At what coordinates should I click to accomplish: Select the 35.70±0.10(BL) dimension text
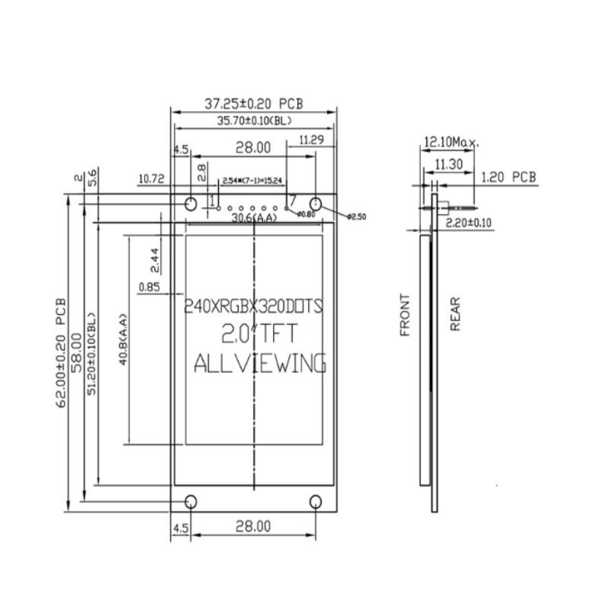coord(254,120)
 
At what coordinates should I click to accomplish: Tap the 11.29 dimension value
coord(313,140)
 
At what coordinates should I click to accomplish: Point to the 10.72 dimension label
coord(152,179)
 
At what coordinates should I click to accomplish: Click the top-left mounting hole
coord(191,204)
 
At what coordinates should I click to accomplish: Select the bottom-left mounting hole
coord(191,501)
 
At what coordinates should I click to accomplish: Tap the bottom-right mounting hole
coord(316,501)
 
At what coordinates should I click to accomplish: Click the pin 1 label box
coord(213,200)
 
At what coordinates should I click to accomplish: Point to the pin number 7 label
coord(292,200)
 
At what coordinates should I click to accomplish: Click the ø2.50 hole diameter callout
coord(356,217)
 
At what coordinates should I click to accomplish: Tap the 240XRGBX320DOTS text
coord(254,307)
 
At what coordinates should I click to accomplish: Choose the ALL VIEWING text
coord(259,363)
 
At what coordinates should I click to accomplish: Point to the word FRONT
coord(405,315)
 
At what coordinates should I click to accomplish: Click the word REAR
coord(456,313)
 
